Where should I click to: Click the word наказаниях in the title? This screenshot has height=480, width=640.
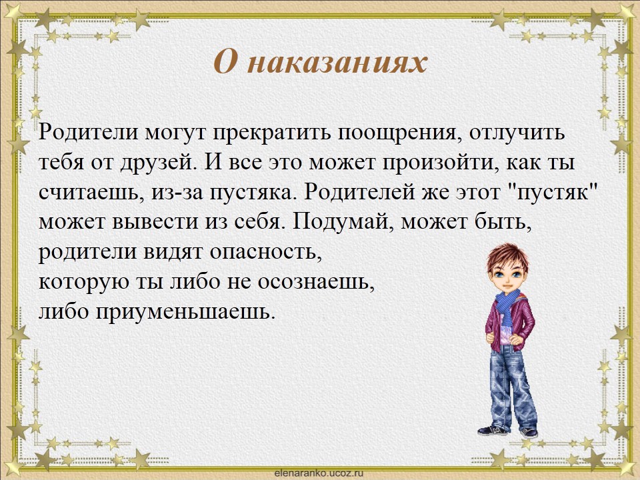point(337,63)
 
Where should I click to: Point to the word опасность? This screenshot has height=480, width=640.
point(266,252)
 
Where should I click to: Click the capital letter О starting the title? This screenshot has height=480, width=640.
point(225,63)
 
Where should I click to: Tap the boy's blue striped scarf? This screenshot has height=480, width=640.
point(507,305)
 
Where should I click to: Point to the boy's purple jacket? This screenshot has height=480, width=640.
point(509,323)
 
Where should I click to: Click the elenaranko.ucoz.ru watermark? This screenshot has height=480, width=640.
point(319,473)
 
